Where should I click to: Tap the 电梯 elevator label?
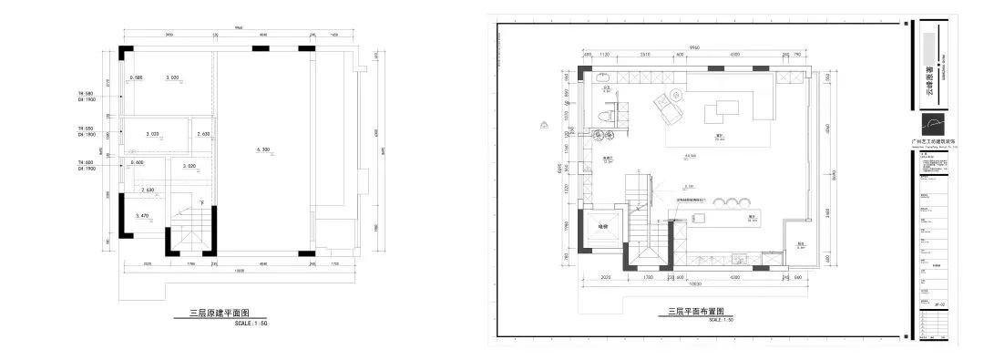click(x=602, y=226)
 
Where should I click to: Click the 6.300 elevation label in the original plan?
click(x=264, y=148)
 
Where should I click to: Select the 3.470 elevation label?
click(x=141, y=215)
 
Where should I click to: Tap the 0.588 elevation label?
click(x=137, y=77)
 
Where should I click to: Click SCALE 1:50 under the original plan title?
click(x=251, y=323)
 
